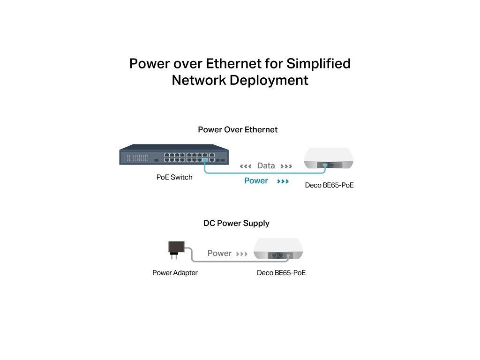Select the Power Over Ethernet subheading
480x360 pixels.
pos(238,130)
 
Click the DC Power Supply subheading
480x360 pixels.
pos(236,224)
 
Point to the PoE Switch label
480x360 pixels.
pos(174,178)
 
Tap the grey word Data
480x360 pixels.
pos(266,166)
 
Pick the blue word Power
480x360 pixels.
pos(256,181)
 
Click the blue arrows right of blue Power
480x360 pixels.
pos(283,181)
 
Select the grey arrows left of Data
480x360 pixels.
pos(246,166)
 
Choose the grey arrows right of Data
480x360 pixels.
pos(286,166)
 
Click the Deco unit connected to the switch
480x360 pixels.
pos(329,158)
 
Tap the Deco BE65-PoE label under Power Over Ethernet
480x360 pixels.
pos(329,186)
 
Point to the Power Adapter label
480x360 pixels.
pos(175,273)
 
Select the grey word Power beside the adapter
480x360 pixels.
pos(219,254)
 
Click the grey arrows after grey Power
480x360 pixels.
pos(241,254)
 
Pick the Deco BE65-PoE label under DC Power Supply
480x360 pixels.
pos(281,273)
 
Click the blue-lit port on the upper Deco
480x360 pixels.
pos(325,165)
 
